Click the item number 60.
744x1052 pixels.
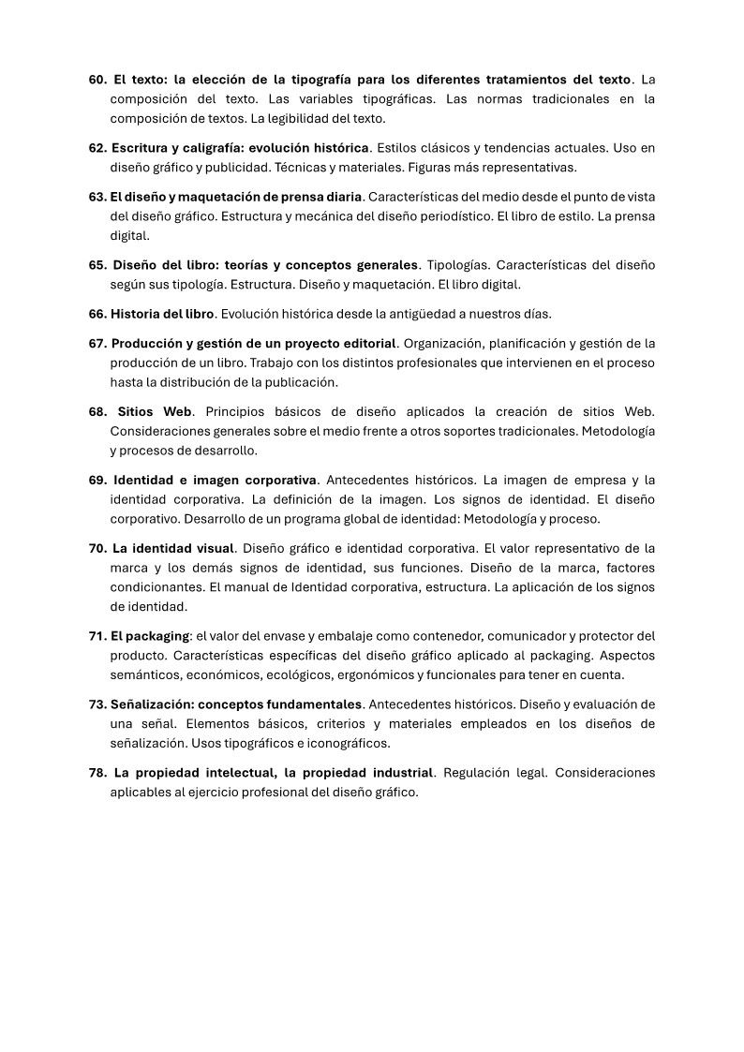coord(98,79)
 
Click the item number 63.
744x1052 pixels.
coord(98,196)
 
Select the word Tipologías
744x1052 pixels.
coord(460,264)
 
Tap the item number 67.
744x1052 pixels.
coord(98,342)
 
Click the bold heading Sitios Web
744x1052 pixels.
coord(155,411)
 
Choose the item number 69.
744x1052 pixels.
coord(99,480)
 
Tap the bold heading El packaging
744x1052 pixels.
coord(150,636)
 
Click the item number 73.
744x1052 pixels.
coord(98,704)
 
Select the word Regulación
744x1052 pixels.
coord(479,773)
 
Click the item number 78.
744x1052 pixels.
coord(99,773)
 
